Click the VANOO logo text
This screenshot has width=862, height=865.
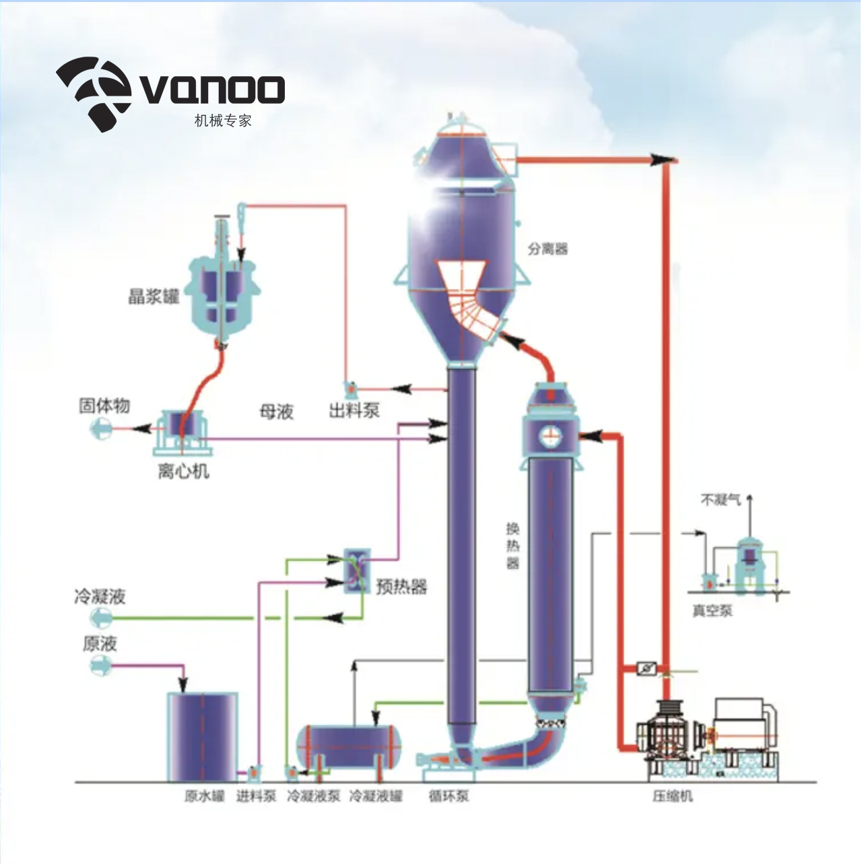pyautogui.click(x=213, y=90)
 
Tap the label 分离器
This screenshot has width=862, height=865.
pyautogui.click(x=548, y=249)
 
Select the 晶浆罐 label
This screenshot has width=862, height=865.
pyautogui.click(x=154, y=296)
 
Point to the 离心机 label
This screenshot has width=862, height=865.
pyautogui.click(x=183, y=471)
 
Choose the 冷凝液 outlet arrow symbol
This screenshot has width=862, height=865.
pyautogui.click(x=100, y=618)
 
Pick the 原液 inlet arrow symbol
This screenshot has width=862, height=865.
pyautogui.click(x=100, y=665)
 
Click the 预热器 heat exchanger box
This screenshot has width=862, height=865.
pyautogui.click(x=357, y=571)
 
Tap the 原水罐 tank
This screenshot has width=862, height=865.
pyautogui.click(x=203, y=736)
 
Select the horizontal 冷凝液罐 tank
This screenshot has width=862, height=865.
pyautogui.click(x=350, y=746)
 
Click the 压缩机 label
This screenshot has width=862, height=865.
pyautogui.click(x=672, y=796)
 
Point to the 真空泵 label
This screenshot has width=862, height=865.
pyautogui.click(x=712, y=611)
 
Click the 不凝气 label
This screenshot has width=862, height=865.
pyautogui.click(x=721, y=500)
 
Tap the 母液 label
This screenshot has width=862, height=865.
pyautogui.click(x=276, y=412)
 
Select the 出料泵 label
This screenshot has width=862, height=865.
pyautogui.click(x=354, y=410)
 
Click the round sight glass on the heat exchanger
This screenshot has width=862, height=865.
pyautogui.click(x=550, y=435)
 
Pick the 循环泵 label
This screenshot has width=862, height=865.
pyautogui.click(x=449, y=796)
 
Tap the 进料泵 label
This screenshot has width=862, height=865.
pyautogui.click(x=256, y=796)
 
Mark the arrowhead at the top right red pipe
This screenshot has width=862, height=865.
pyautogui.click(x=662, y=159)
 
